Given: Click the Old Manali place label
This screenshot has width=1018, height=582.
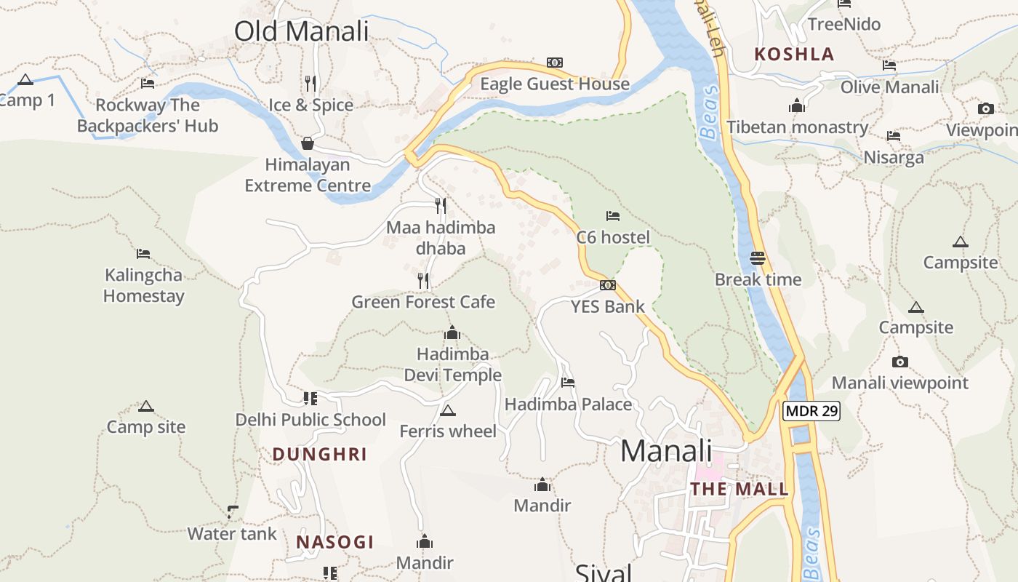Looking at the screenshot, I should [301, 31].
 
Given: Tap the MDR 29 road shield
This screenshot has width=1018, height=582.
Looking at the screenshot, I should [811, 411].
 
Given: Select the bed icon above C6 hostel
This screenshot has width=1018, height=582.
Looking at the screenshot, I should [613, 216].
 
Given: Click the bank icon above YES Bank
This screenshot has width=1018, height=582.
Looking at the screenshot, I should [608, 285].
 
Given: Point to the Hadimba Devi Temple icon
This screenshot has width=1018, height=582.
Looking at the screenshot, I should [452, 333].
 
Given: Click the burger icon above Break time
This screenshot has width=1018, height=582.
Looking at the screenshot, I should [758, 258].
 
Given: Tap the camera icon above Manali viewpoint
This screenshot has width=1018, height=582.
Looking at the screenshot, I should [900, 362].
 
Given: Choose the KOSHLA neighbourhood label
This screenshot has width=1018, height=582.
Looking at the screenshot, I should [794, 54].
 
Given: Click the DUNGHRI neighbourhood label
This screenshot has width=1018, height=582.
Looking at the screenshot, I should [320, 455].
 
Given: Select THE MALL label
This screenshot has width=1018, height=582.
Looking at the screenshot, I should [740, 489].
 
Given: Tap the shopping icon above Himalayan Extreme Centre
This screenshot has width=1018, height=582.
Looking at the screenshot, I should [308, 143].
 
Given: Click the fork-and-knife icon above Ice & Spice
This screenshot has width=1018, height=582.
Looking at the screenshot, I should [310, 83].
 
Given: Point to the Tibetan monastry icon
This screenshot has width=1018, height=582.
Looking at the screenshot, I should [797, 105].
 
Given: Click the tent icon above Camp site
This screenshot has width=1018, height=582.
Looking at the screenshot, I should [146, 406].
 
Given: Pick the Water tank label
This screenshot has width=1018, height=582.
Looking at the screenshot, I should [232, 534].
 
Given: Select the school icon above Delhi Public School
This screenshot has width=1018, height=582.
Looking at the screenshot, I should [310, 398].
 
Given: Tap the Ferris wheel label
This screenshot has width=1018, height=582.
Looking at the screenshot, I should [448, 431].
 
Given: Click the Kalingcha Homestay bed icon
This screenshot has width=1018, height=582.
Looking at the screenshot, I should [143, 254].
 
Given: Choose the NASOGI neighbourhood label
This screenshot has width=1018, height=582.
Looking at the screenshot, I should [335, 542].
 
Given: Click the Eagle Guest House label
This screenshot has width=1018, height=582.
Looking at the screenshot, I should [555, 84].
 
